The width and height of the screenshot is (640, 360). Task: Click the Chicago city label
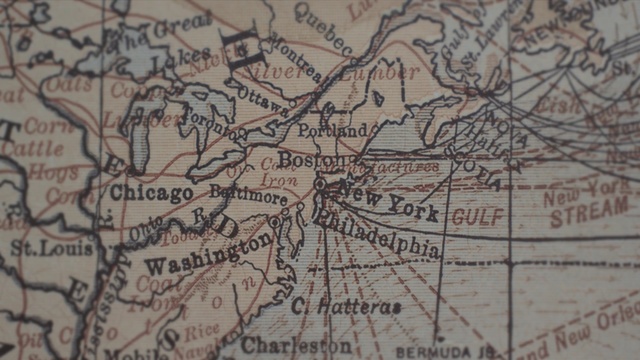[x=151, y=192]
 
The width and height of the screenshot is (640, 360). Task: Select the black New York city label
[x=387, y=199]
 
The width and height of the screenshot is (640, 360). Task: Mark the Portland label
[x=332, y=130]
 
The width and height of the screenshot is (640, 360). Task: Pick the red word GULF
[x=478, y=216]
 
